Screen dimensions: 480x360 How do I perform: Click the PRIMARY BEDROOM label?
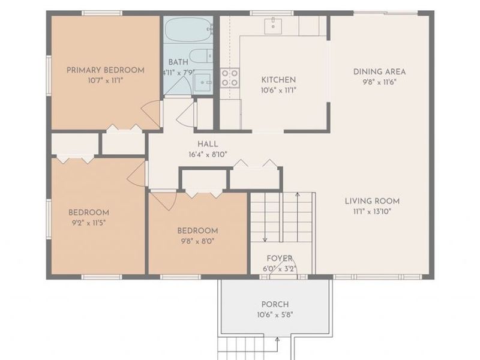tap(106, 70)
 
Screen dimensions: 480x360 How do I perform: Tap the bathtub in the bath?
tap(188, 29)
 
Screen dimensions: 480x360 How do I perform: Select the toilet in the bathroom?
tap(200, 56)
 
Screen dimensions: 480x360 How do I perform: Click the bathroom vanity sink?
tap(203, 82)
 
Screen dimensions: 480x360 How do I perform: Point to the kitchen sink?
tap(273, 26)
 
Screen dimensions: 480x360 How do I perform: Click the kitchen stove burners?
tap(230, 78)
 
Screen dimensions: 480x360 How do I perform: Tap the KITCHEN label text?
tap(278, 80)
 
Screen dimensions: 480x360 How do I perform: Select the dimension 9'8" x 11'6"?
tap(380, 82)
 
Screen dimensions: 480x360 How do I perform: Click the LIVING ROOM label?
tap(372, 201)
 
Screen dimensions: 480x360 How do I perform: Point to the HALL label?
tap(208, 144)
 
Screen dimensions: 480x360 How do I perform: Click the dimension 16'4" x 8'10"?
tap(208, 154)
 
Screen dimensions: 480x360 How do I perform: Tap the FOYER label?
tap(280, 259)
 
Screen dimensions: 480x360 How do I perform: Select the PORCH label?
tap(275, 304)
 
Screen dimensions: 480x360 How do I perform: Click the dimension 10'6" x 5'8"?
tap(275, 315)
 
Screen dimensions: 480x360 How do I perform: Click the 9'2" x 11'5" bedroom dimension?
tap(89, 223)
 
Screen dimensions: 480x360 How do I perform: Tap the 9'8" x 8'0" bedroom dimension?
tap(197, 241)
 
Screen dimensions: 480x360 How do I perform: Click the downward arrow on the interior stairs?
tap(265, 217)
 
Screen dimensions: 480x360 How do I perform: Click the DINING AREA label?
tap(380, 71)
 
